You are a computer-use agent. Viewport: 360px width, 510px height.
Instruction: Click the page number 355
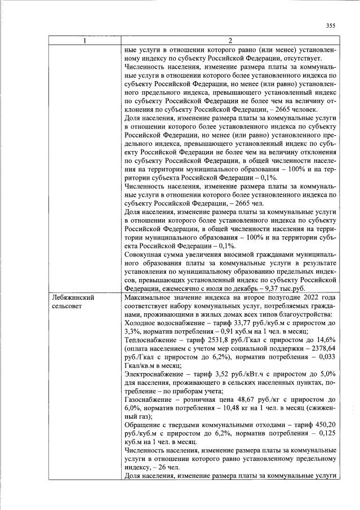[331, 25]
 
